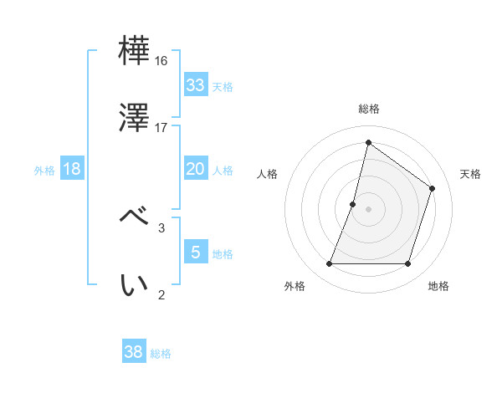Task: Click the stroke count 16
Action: pos(161,61)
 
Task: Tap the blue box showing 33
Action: pos(195,85)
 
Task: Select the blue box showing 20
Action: pos(195,169)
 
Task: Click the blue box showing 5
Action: pos(195,252)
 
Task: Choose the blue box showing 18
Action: pos(72,169)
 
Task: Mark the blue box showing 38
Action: pos(133,352)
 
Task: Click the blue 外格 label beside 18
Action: pos(44,170)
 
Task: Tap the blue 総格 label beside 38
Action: pos(161,354)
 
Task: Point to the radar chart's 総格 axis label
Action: pos(368,109)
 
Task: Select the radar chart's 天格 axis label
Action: pos(470,174)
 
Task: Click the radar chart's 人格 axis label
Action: pos(268,174)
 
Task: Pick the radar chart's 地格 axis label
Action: pos(438,286)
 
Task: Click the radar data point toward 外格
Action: pos(329,264)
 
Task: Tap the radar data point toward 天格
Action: pos(433,188)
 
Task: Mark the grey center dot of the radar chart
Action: pos(368,208)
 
